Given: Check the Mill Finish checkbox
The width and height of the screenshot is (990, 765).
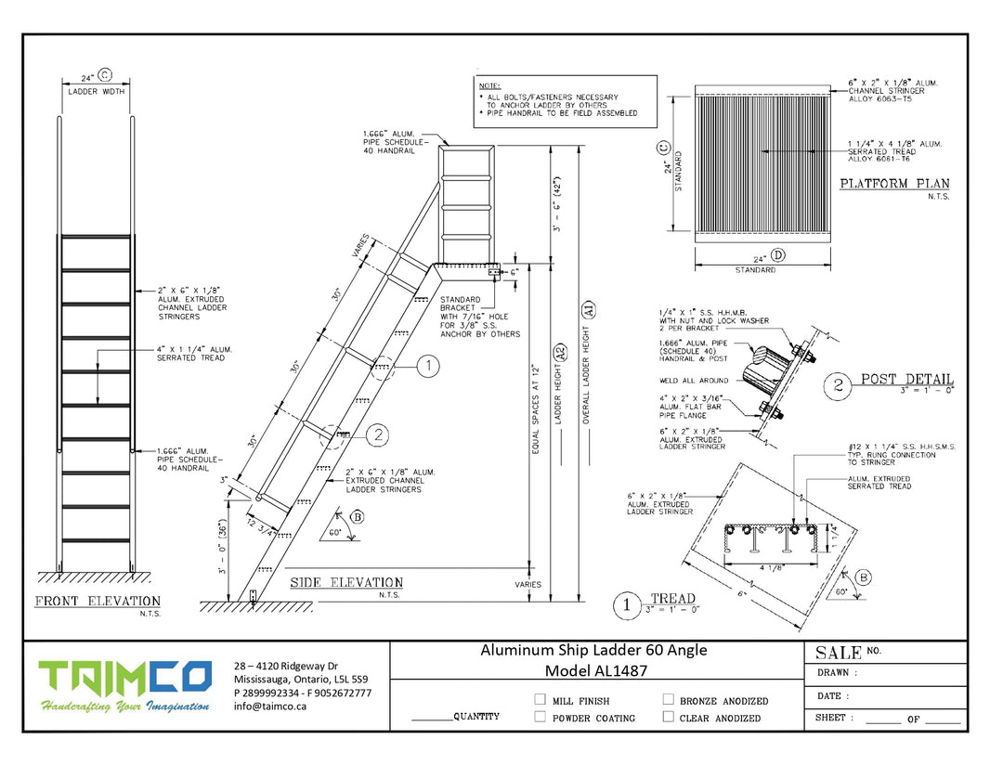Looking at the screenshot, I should coord(540,700).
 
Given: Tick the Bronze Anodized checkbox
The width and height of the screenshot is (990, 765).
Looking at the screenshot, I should coord(668,700).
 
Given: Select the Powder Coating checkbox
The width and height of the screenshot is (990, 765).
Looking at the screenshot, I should coord(540,717).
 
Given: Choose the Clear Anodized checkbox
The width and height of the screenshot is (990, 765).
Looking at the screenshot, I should coord(668,717).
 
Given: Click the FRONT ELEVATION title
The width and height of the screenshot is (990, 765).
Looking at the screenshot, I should coord(98,602).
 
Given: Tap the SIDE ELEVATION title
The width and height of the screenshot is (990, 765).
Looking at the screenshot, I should coord(346,583).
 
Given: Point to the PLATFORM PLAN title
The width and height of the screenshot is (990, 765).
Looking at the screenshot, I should coord(894,184).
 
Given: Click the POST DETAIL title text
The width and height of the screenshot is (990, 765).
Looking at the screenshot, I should coord(906,379).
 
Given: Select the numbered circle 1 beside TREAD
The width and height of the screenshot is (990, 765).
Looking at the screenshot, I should coord(629,604).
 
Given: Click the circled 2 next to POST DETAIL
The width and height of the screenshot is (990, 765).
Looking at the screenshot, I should coord(839,384).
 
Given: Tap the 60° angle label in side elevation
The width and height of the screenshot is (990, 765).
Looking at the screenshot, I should coord(333,535).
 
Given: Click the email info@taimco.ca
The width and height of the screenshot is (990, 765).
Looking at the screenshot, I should coord(270,706).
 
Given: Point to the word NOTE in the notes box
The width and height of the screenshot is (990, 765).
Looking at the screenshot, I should coord(489,85).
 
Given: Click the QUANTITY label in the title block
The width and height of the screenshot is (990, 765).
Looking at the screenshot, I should coord(476,717).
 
